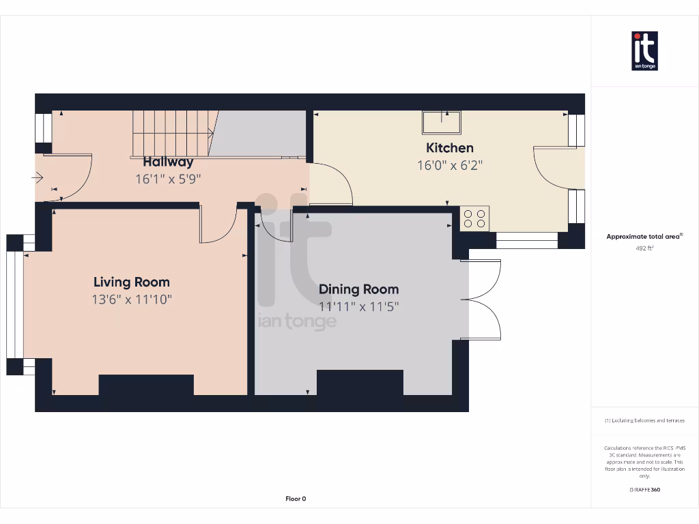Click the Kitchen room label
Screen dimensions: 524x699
449,148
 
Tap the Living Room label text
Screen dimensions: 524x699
131,282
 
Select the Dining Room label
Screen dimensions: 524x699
358,289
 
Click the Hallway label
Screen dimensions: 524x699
167,162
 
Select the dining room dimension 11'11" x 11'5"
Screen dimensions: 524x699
358,306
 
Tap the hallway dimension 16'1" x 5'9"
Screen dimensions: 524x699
167,179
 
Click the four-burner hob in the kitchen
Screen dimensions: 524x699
474,218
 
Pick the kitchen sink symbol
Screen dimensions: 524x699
441,122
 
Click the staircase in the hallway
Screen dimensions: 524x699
173,133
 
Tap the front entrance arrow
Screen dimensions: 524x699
38,178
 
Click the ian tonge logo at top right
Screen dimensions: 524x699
644,51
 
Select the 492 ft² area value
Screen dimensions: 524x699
644,248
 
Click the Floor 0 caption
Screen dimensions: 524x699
296,499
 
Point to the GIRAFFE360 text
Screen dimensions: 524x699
644,489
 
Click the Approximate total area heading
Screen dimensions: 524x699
644,236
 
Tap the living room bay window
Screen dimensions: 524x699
15,305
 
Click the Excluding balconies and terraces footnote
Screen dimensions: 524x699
644,420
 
